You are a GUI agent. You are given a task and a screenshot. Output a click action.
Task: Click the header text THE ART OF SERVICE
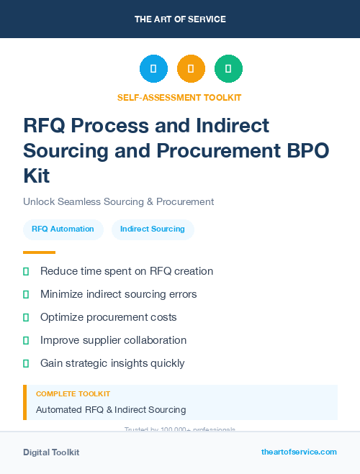coord(180,19)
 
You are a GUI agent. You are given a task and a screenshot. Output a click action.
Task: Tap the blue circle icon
coord(153,69)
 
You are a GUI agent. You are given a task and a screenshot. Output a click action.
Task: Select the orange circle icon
coord(191,69)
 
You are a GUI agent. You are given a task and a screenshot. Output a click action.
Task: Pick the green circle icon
coord(228,69)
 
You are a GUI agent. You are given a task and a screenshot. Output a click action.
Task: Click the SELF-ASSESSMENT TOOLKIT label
coord(179,97)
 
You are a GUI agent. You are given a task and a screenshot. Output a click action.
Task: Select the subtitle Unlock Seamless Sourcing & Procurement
coord(118,201)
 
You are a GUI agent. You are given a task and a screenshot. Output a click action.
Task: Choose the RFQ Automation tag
coord(63,229)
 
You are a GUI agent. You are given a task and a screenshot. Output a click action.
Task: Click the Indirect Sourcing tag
coord(153,229)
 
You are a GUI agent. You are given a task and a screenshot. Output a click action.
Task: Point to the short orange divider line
coord(39,252)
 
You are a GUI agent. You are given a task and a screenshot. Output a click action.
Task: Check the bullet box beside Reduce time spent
coord(26,271)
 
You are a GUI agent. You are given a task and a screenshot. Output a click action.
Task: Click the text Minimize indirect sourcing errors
coord(118,294)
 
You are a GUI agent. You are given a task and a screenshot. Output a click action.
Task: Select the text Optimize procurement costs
coord(108,317)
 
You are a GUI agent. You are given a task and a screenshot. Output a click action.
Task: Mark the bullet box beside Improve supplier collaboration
coord(26,340)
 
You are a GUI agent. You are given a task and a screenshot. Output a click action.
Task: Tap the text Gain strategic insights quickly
coord(112,363)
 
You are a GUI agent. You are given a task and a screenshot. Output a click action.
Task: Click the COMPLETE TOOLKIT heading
coord(73,394)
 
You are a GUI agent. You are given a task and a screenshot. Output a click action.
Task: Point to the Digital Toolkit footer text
coord(51,452)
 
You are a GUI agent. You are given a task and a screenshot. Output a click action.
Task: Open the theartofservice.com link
coord(299,452)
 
